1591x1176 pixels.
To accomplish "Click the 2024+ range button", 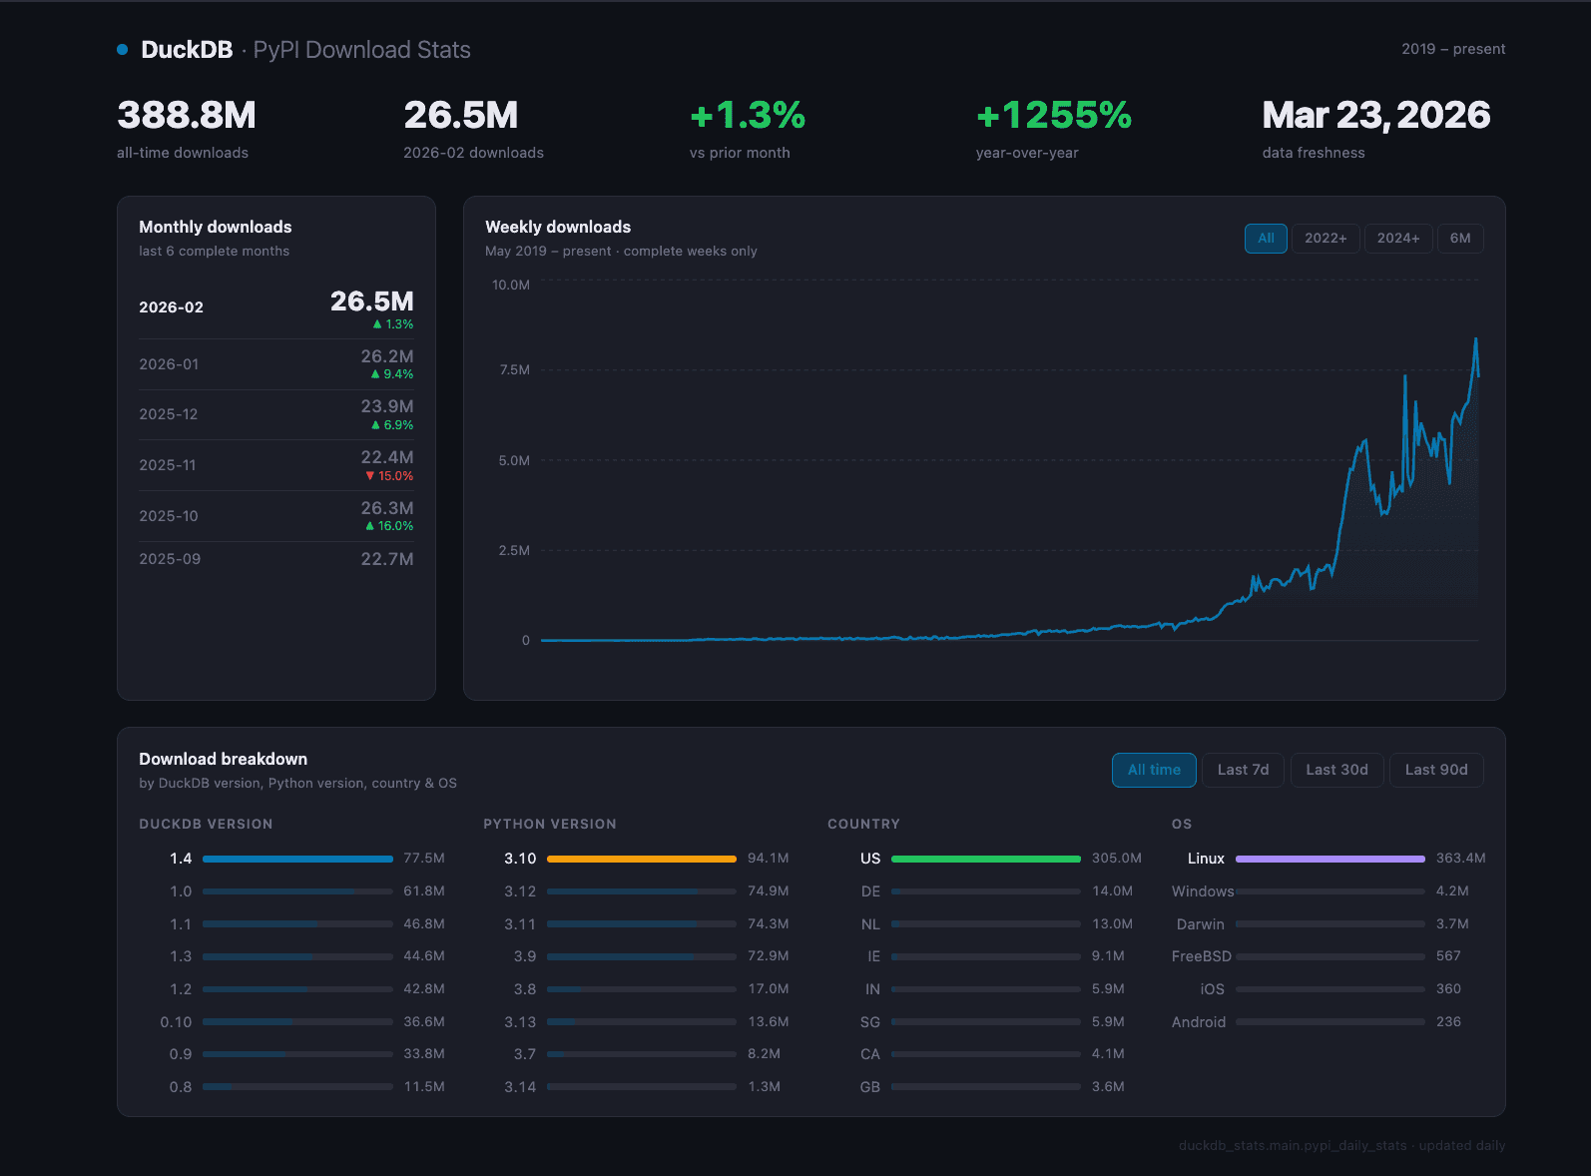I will pyautogui.click(x=1397, y=239).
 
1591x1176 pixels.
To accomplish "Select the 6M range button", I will pyautogui.click(x=1459, y=239).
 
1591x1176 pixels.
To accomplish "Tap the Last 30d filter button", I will pyautogui.click(x=1336, y=770).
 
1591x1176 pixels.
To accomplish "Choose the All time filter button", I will pyautogui.click(x=1154, y=770).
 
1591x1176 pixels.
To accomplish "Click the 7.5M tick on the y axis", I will pyautogui.click(x=514, y=370).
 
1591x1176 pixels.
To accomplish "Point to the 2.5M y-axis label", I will pyautogui.click(x=514, y=551).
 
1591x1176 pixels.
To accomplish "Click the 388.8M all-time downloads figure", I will pyautogui.click(x=187, y=116).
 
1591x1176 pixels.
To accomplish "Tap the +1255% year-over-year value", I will pyautogui.click(x=1053, y=116).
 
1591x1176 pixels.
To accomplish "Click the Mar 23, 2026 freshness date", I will pyautogui.click(x=1375, y=116).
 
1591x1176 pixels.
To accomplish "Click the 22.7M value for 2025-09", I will pyautogui.click(x=386, y=559).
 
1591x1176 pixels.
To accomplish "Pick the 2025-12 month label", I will pyautogui.click(x=169, y=414).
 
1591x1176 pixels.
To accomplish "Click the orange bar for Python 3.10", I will pyautogui.click(x=641, y=859).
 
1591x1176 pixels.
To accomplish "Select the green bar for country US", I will pyautogui.click(x=985, y=859).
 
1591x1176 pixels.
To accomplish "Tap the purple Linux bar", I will pyautogui.click(x=1329, y=859).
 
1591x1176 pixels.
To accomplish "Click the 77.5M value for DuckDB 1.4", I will pyautogui.click(x=423, y=859).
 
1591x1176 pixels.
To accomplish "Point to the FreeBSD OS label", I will pyautogui.click(x=1201, y=956).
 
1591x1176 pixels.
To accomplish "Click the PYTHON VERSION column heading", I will pyautogui.click(x=549, y=825).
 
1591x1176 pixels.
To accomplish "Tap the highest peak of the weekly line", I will pyautogui.click(x=1475, y=339).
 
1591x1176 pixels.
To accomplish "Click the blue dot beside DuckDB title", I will pyautogui.click(x=122, y=50).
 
